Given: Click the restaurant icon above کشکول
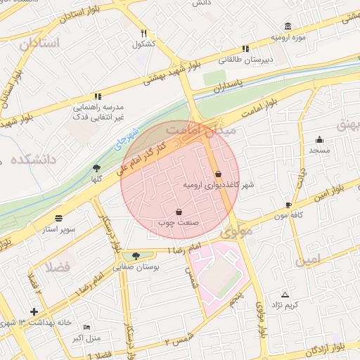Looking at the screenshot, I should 143,33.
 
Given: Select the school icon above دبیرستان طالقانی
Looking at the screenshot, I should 245,49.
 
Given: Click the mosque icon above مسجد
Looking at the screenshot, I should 319,139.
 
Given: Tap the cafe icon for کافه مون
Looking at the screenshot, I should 288,205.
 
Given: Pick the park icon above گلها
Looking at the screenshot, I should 96,168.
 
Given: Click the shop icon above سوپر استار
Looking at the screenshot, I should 58,218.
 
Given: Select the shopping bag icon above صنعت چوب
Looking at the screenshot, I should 179,212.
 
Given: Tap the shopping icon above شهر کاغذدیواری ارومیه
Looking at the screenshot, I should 218,174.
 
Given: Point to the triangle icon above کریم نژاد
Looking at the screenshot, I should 285,294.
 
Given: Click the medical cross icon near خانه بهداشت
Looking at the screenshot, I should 34,311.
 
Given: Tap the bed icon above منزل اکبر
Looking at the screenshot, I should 86,328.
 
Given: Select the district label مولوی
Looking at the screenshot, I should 235,231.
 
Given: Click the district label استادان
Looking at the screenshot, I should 40,44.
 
